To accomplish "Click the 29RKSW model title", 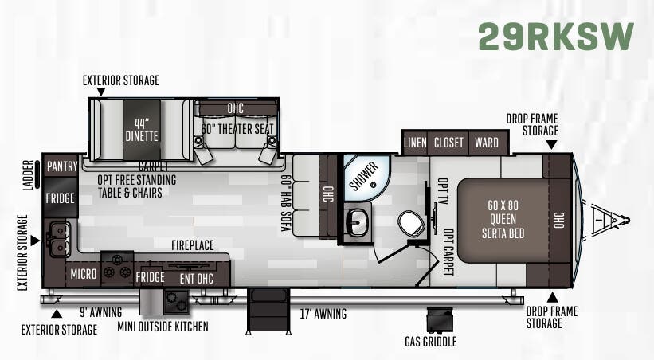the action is coord(556,37).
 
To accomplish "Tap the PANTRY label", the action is coord(62,166).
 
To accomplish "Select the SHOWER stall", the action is coord(367,177).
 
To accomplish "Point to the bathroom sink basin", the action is coord(357,222).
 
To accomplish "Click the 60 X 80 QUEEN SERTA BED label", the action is coord(503,219).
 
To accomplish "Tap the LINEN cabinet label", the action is coord(415,143).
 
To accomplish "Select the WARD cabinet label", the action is coord(487,143).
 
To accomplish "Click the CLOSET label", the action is coord(448,143).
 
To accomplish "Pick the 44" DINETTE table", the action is coord(142,129).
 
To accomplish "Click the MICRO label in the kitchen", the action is coord(84,274).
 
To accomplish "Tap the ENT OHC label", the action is coord(197,279).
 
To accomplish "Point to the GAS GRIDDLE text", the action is coord(430,342).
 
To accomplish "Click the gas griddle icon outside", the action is coord(439,320).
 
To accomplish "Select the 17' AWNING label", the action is coord(323,314).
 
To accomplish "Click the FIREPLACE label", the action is coord(193,245).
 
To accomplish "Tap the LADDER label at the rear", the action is coord(28,175).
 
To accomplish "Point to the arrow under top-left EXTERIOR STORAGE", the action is coord(100,92).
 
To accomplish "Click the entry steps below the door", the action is coord(268,311).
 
